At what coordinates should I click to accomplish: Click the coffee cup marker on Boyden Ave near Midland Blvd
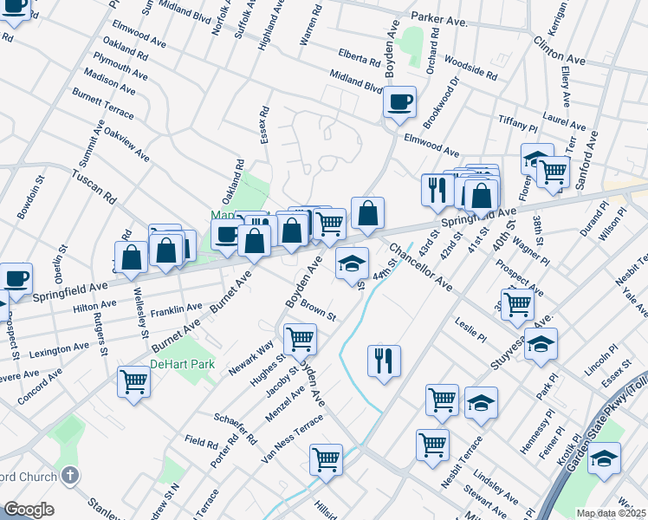pos(399,102)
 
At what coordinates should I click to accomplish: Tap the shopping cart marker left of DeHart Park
pos(133,380)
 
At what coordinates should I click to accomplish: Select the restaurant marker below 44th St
pos(384,360)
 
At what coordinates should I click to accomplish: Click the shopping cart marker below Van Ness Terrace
pos(326,459)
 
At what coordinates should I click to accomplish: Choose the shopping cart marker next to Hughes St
pos(300,339)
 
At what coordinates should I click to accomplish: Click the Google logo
pos(28,510)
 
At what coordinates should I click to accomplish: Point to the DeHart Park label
pos(182,365)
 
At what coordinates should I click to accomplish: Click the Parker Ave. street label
pos(439,16)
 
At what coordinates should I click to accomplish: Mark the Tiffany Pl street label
pos(519,124)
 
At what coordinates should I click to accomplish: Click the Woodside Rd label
pos(468,67)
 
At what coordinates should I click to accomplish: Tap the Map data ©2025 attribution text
pos(612,513)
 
